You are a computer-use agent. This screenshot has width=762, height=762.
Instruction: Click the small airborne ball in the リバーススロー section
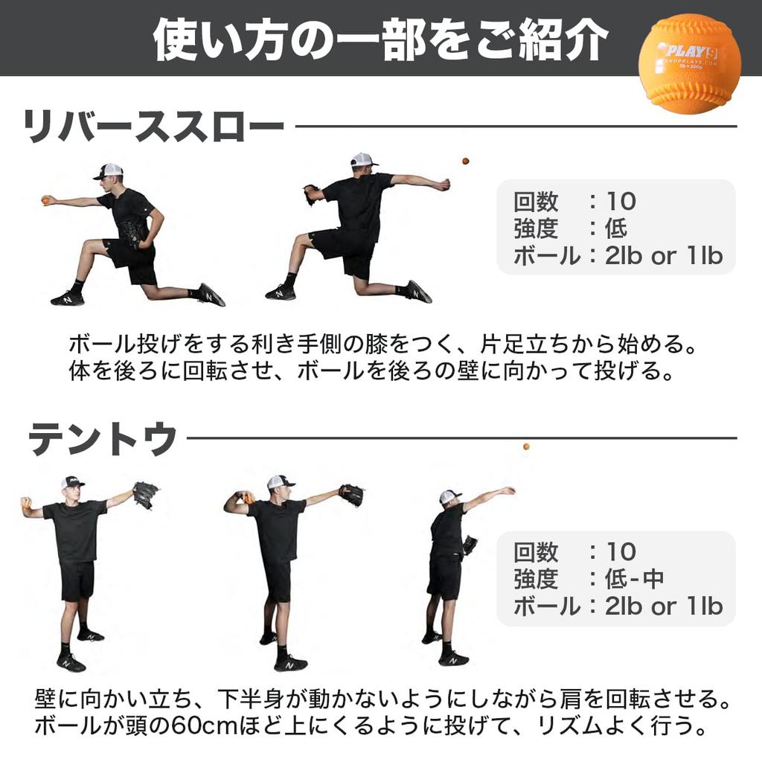tap(465, 161)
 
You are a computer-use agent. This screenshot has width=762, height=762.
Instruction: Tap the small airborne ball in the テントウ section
tap(526, 446)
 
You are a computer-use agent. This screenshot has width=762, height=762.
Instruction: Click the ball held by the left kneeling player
tap(46, 199)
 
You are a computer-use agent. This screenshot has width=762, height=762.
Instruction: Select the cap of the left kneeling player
tap(109, 171)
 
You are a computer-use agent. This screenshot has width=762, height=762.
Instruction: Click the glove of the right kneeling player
tap(310, 194)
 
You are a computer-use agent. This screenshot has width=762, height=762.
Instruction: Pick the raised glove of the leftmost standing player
tap(145, 493)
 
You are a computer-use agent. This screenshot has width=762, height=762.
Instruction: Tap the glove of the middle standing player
tap(351, 494)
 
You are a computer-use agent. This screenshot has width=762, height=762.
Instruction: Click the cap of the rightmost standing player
tap(449, 496)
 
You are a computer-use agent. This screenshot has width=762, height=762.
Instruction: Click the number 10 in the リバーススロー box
tap(621, 201)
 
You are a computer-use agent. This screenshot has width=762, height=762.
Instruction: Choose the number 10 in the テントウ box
tap(621, 551)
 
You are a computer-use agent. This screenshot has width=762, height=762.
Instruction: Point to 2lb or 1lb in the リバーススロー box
tap(664, 255)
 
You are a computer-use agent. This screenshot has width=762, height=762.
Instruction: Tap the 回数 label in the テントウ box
tap(536, 551)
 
